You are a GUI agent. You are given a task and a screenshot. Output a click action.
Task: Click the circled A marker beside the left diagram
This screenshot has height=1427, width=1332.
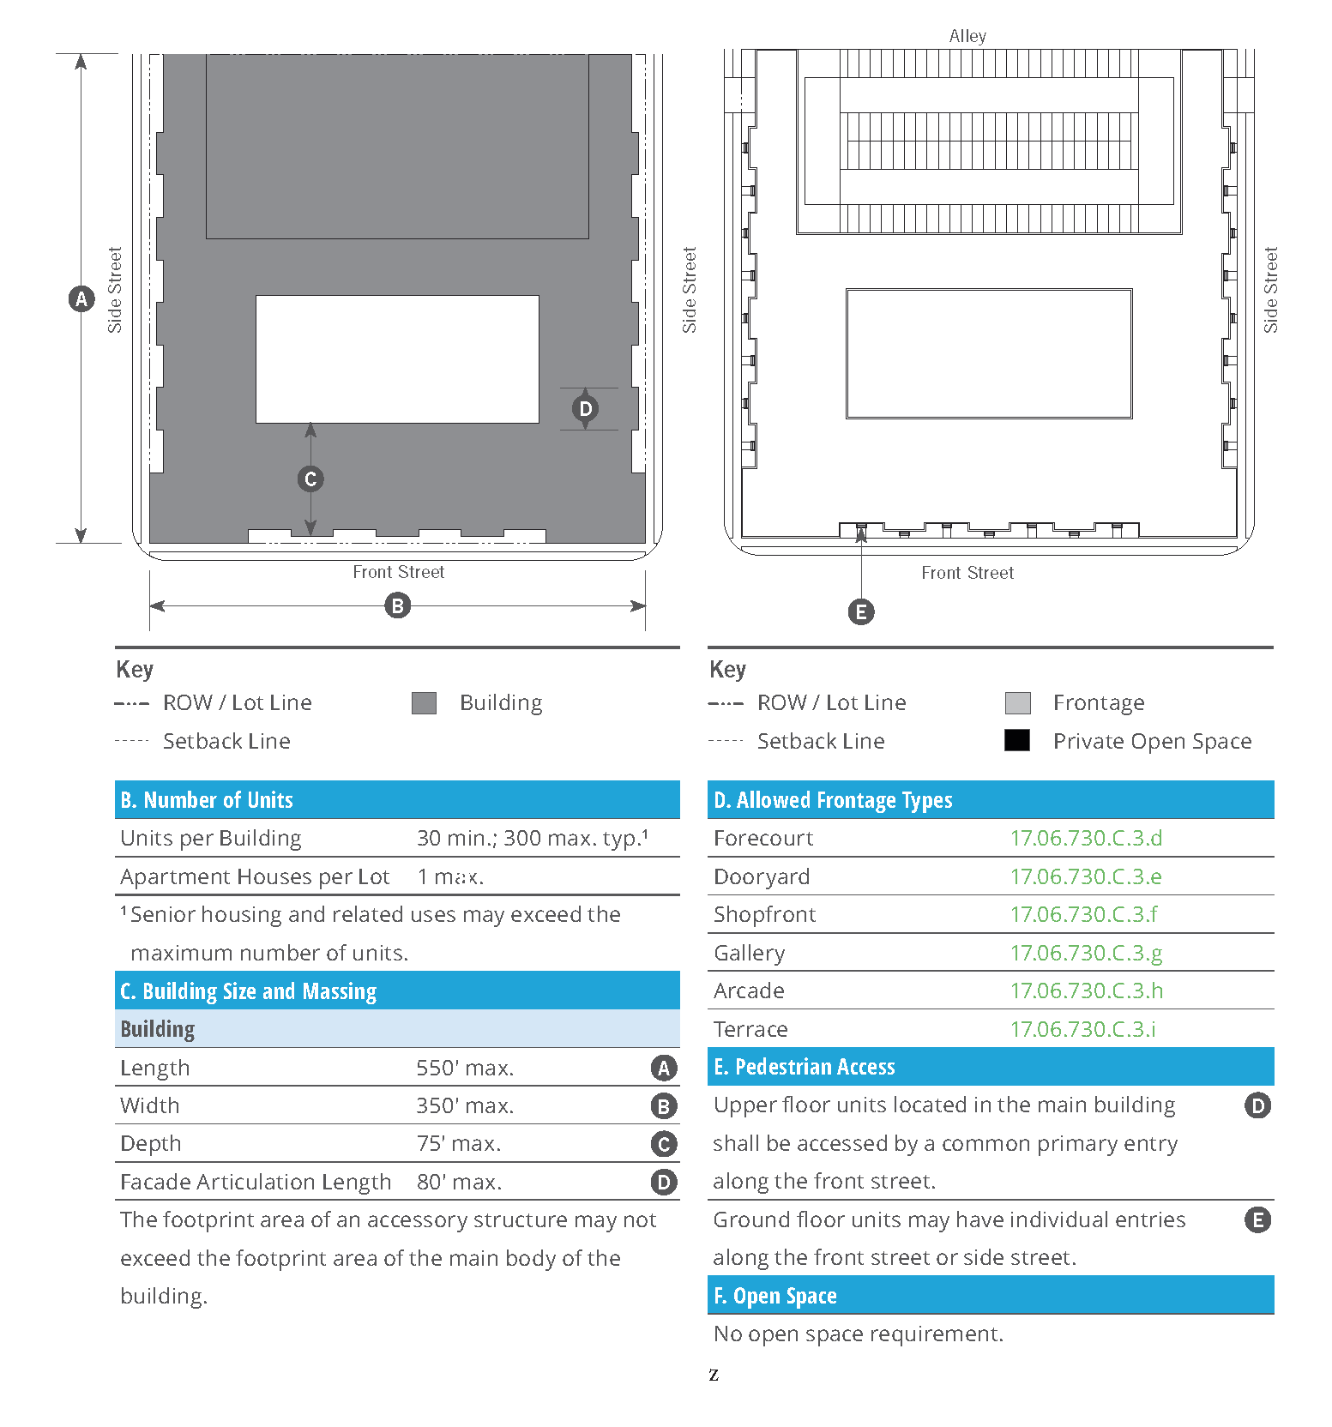(x=81, y=298)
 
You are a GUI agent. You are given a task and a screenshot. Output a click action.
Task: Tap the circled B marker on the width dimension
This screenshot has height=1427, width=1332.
(x=397, y=606)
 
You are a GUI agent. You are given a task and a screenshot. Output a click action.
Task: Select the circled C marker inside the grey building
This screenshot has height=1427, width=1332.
(x=310, y=479)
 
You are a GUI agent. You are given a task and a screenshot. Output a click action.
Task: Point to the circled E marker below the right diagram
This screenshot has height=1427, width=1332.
(x=861, y=612)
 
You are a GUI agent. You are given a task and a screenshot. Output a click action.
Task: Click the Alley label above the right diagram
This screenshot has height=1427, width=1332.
(x=967, y=36)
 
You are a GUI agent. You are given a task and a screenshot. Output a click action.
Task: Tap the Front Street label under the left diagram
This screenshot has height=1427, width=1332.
(x=398, y=572)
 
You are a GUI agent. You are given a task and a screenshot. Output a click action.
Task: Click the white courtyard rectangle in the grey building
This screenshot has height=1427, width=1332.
(x=397, y=358)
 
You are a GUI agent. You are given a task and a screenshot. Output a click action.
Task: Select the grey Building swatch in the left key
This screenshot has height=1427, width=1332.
(x=424, y=703)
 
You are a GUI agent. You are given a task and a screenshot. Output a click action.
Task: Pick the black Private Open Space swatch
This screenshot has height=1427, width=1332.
(x=1017, y=740)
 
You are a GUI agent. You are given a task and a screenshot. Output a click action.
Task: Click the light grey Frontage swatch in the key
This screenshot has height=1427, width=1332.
(x=1017, y=703)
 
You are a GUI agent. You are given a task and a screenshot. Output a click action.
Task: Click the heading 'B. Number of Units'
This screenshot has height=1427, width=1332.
(x=207, y=800)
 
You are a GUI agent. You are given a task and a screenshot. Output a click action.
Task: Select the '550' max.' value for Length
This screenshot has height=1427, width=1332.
(x=465, y=1068)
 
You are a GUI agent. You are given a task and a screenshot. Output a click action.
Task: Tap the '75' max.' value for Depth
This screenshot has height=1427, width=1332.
(x=459, y=1144)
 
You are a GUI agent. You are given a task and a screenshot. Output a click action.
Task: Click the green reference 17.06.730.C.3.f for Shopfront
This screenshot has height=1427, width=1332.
(x=1083, y=914)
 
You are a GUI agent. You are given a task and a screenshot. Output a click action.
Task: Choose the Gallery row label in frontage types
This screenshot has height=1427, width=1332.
(x=749, y=953)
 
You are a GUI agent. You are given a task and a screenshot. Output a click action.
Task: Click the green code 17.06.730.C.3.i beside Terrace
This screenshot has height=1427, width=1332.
(x=1082, y=1029)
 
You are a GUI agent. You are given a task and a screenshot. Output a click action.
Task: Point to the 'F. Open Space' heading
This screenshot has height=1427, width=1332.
(x=775, y=1296)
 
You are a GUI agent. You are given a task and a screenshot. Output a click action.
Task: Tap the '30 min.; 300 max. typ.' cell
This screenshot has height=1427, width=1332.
(x=532, y=838)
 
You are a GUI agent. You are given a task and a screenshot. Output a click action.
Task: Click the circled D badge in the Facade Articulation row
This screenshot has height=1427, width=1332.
(x=663, y=1183)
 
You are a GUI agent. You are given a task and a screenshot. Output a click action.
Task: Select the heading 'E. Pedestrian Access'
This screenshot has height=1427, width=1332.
(x=805, y=1067)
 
